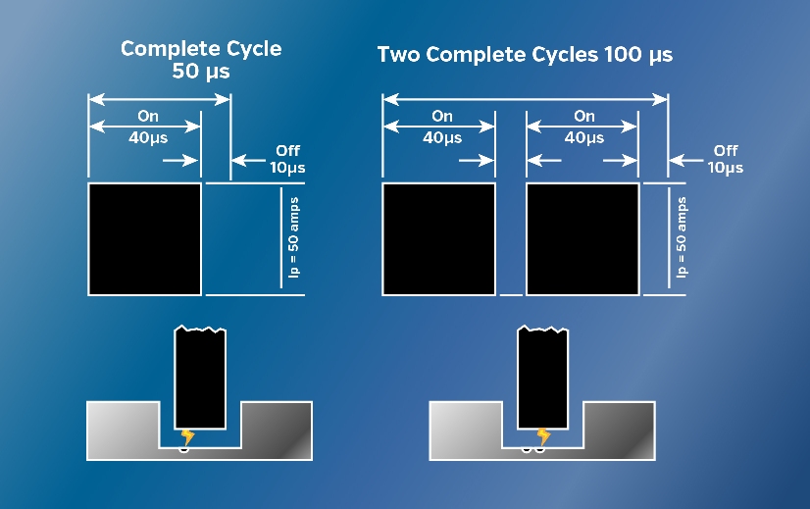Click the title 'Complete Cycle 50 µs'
pos(201,59)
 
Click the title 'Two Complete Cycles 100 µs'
pos(525,54)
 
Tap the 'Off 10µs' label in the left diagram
pos(287,159)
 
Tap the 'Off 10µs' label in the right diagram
pos(726,159)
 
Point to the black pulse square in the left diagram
pos(145,238)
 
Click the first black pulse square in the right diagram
pos(438,238)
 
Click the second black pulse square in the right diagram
pos(582,238)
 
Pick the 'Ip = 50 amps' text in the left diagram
pos(293,237)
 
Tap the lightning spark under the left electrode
pos(188,436)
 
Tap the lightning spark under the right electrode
pos(542,436)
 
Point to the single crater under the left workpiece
pos(183,450)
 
